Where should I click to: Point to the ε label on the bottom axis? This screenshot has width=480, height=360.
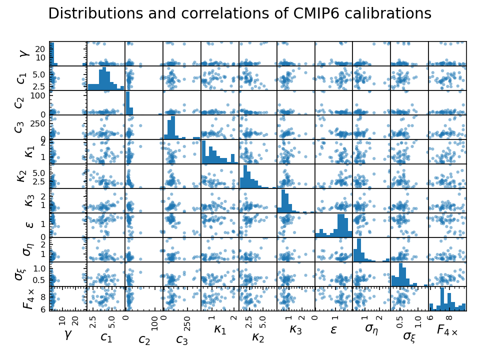333,329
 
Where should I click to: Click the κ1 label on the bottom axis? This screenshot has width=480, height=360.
219,329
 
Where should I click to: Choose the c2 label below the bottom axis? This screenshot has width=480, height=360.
144,340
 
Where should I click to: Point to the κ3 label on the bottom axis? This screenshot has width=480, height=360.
295,329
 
